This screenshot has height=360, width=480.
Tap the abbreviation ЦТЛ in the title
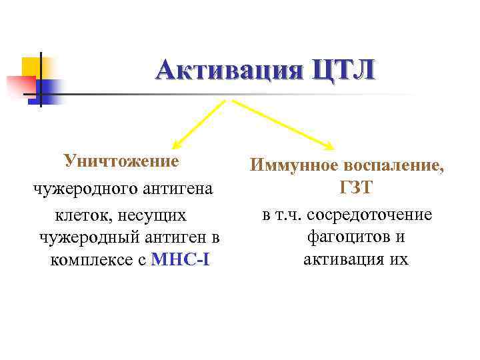341,69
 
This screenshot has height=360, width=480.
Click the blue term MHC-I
181,259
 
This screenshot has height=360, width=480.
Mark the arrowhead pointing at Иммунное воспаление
329,145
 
